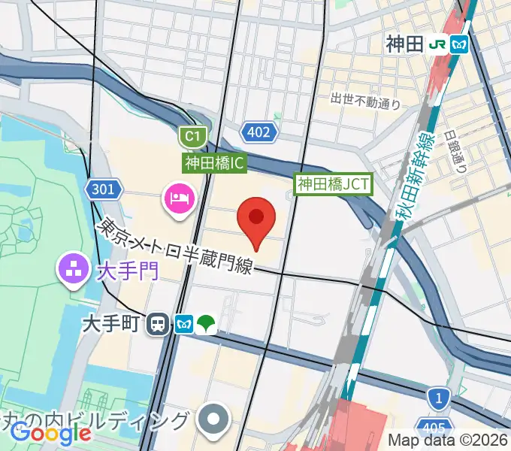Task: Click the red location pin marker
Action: click(255, 220)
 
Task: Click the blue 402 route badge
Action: click(259, 133)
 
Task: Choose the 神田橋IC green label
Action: click(215, 162)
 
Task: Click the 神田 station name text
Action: click(405, 44)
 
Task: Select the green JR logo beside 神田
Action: click(437, 44)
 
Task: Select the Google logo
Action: click(51, 432)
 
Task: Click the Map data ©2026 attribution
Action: click(448, 440)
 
